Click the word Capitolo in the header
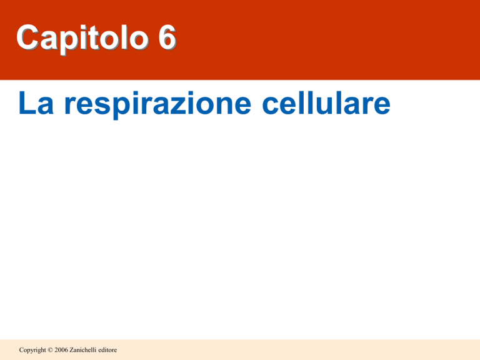tap(82, 39)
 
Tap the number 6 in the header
tap(167, 37)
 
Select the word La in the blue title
tap(36, 103)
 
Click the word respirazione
tap(157, 104)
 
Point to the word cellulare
tap(326, 103)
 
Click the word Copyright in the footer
tap(32, 350)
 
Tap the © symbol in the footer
tap(50, 350)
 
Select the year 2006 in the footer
tap(61, 350)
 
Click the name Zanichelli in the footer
tap(82, 349)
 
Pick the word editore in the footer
tap(107, 350)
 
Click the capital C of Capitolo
tap(27, 37)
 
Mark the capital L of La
tap(26, 103)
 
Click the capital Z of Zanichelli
tap(72, 350)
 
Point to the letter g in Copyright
tap(36, 351)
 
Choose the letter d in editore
tap(103, 350)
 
